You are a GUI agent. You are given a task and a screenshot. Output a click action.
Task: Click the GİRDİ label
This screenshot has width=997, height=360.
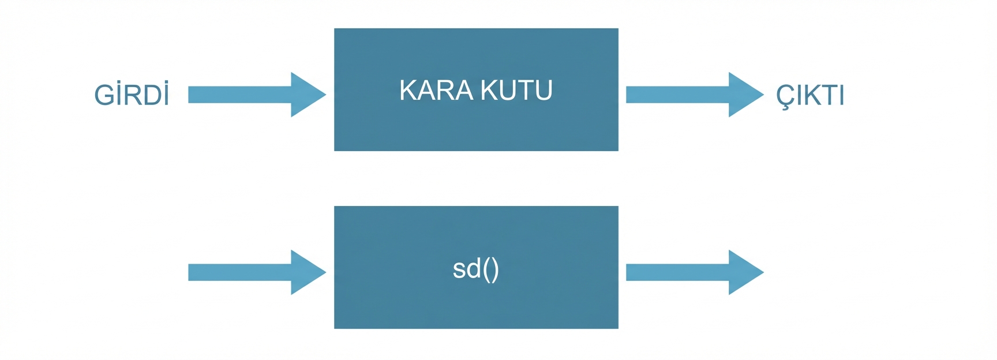[x=132, y=95]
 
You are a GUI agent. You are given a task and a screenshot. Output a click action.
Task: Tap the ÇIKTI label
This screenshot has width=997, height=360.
[x=810, y=95]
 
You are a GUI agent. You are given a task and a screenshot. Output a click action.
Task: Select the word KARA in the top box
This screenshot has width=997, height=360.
[x=436, y=91]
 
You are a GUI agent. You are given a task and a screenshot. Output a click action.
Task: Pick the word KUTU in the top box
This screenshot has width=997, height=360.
[x=516, y=91]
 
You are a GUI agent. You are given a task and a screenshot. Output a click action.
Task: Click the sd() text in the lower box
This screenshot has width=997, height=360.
[x=475, y=269]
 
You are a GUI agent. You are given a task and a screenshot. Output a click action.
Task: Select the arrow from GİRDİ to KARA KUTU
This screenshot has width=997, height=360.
[x=254, y=95]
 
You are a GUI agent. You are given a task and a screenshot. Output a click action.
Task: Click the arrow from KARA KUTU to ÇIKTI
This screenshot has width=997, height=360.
[x=692, y=95]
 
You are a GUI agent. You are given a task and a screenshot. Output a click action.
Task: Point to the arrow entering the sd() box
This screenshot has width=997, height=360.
[x=254, y=272]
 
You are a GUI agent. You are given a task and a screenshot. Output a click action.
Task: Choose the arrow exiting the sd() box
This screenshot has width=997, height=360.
[x=692, y=272]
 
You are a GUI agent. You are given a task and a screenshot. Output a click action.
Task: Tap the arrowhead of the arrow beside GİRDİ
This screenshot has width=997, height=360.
[x=306, y=95]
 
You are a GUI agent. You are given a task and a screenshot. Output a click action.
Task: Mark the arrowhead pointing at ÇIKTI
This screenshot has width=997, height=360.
[x=744, y=95]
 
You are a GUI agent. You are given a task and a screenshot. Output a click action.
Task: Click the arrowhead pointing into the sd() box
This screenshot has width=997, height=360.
[x=306, y=272]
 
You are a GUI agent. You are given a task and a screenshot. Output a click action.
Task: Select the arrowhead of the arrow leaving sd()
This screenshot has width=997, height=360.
[x=744, y=272]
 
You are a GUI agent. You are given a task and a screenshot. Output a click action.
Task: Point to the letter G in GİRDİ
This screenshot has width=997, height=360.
[x=104, y=95]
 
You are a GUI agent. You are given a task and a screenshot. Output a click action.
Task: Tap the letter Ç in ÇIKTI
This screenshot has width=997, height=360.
[x=785, y=96]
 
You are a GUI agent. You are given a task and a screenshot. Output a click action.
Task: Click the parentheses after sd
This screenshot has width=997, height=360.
[x=491, y=269]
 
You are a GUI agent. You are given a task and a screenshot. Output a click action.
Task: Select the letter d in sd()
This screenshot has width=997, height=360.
[x=474, y=268]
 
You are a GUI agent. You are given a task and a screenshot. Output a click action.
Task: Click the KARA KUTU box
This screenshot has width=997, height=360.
[x=476, y=127]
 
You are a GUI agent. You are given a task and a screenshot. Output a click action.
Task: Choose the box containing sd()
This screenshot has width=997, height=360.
[x=476, y=306]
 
